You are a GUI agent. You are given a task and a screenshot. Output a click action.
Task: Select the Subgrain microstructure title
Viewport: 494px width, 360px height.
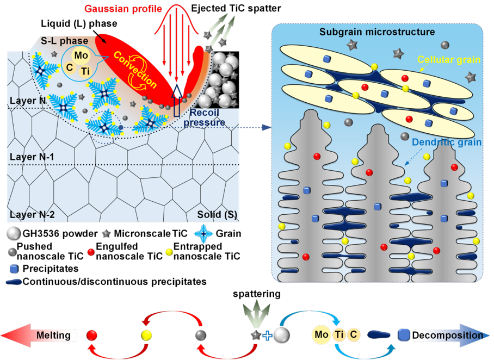(377, 32)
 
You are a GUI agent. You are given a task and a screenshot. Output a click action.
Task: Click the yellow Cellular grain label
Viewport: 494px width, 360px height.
(449, 60)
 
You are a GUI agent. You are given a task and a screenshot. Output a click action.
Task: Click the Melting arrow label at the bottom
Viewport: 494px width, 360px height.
(53, 335)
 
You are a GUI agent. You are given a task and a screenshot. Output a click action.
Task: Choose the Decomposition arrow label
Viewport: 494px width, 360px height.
(447, 335)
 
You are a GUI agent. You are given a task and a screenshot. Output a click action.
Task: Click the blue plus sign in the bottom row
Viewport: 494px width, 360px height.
(267, 336)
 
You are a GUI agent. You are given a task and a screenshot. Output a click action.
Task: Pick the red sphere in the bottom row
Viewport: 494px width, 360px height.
(92, 335)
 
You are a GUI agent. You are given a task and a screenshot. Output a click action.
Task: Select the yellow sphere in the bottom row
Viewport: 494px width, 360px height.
(146, 335)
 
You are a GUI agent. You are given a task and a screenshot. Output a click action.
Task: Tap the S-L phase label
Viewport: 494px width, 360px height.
(59, 41)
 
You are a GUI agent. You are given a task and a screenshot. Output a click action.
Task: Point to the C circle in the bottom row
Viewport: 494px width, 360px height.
(354, 335)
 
